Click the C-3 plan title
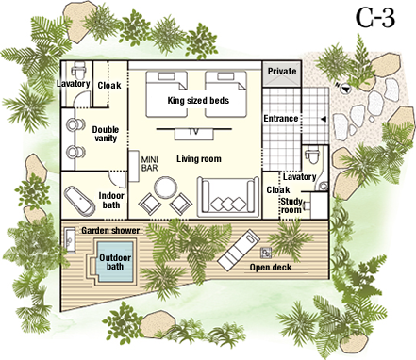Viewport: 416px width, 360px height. pyautogui.click(x=375, y=18)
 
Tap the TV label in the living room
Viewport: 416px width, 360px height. pyautogui.click(x=194, y=132)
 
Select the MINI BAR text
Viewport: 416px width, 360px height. pyautogui.click(x=149, y=164)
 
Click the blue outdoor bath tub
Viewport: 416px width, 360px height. pyautogui.click(x=115, y=262)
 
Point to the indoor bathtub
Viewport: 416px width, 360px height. pyautogui.click(x=79, y=202)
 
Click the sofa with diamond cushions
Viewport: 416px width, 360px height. pyautogui.click(x=228, y=197)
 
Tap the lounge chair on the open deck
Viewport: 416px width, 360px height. pyautogui.click(x=239, y=248)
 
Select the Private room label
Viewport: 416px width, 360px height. pyautogui.click(x=282, y=72)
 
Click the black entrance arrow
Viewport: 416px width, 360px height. pyautogui.click(x=323, y=119)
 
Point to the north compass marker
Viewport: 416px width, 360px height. pyautogui.click(x=344, y=88)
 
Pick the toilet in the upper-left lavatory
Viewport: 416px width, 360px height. pyautogui.click(x=78, y=70)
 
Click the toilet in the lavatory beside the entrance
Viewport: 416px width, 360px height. pyautogui.click(x=312, y=155)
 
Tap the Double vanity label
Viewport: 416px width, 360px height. pyautogui.click(x=106, y=134)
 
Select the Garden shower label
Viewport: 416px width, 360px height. pyautogui.click(x=110, y=231)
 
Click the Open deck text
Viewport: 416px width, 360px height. pyautogui.click(x=271, y=268)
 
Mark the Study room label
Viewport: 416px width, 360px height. pyautogui.click(x=291, y=205)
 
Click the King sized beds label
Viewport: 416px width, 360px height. pyautogui.click(x=198, y=101)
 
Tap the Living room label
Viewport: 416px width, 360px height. pyautogui.click(x=199, y=159)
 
